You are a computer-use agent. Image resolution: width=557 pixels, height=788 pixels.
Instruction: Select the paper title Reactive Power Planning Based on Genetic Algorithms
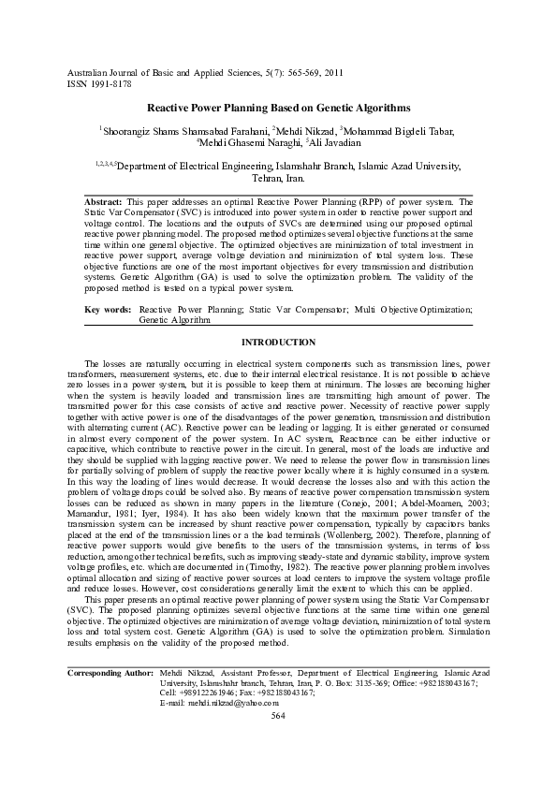click(279, 109)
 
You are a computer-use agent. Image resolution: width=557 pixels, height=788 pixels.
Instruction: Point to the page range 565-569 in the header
click(297, 72)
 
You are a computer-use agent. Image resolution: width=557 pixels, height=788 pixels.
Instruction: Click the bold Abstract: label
click(103, 202)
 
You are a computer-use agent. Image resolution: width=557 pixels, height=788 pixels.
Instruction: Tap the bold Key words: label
click(107, 308)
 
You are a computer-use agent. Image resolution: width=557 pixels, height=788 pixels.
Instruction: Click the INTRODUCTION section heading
click(278, 343)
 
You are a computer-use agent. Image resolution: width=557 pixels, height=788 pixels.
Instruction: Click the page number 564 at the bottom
click(278, 741)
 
